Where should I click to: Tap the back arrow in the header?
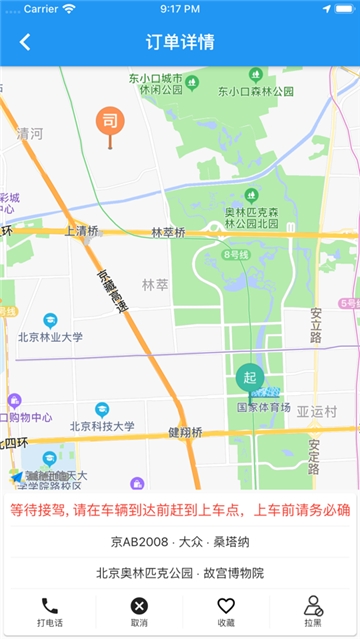click(25, 42)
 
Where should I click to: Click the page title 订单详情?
click(180, 42)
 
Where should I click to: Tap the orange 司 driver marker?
click(110, 123)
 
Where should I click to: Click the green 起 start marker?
click(249, 378)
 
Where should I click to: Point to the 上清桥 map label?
click(82, 231)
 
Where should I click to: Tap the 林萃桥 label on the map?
click(168, 232)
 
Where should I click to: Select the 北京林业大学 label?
click(50, 337)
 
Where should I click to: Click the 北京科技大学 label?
click(102, 426)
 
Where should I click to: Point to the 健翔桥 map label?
click(185, 432)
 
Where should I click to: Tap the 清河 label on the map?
click(30, 133)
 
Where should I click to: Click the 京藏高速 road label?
click(112, 292)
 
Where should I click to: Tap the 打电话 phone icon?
click(50, 606)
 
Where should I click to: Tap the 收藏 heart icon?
click(226, 606)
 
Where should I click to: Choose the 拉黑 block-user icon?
click(313, 606)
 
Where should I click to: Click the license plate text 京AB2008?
click(137, 542)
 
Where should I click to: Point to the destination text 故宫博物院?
click(235, 573)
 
